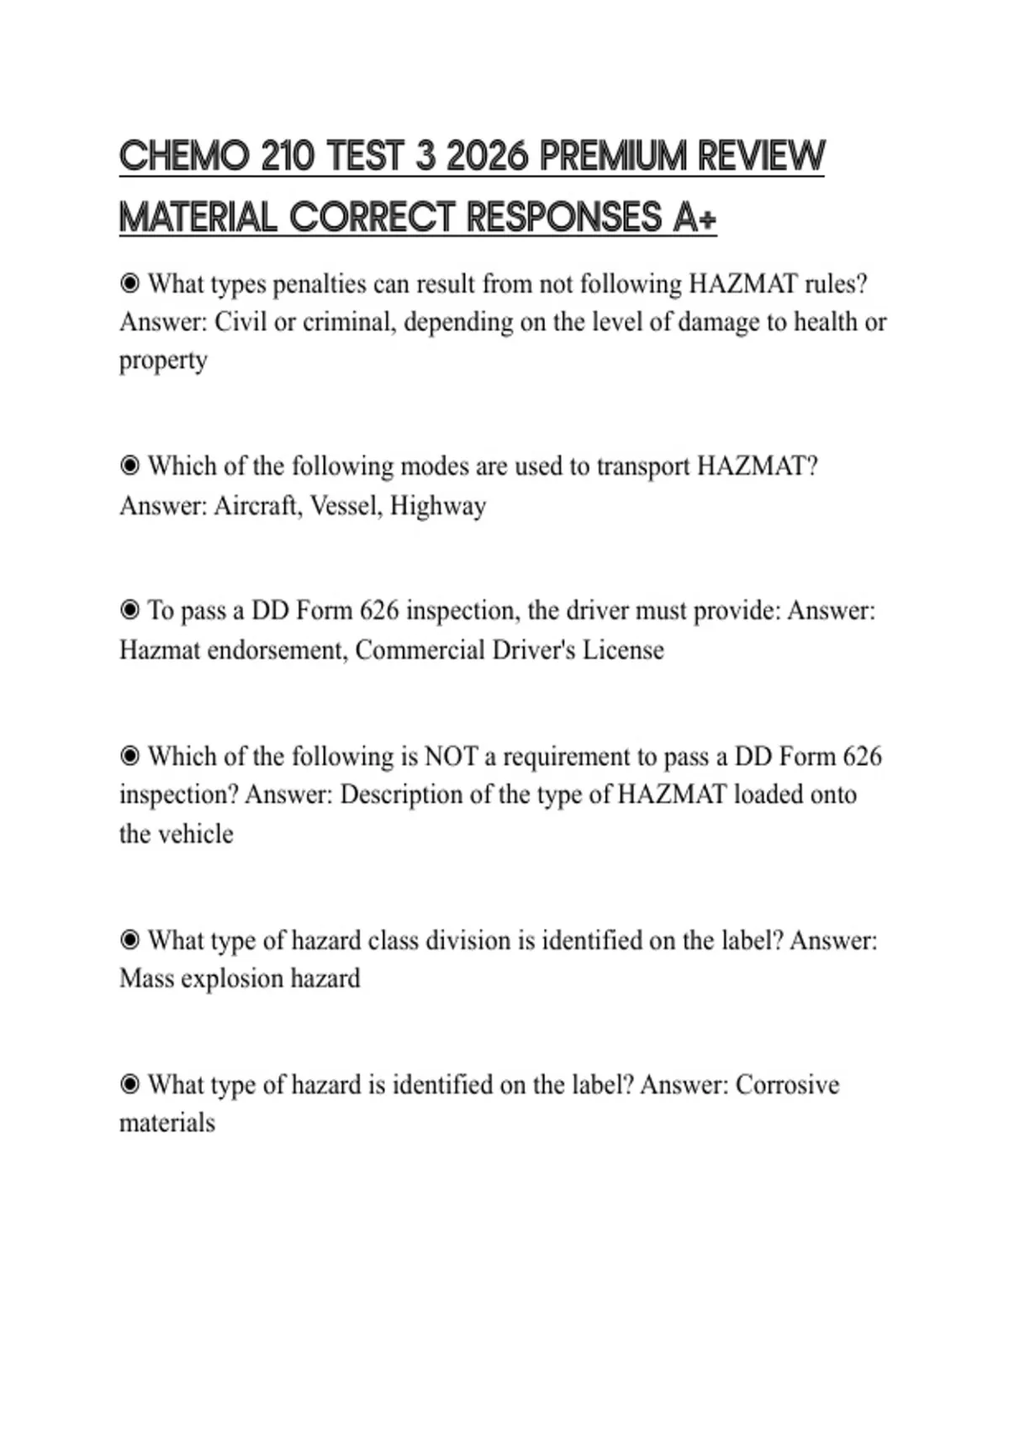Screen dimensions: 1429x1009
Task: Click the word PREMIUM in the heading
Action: coord(612,156)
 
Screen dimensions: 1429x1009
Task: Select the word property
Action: coord(163,361)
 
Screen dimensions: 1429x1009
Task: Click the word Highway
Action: coord(438,505)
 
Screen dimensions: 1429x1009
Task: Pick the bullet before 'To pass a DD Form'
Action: coord(129,609)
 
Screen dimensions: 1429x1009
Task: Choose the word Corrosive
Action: coord(787,1084)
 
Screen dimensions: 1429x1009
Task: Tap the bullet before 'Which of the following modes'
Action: coord(129,466)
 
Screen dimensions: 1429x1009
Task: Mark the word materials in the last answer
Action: coord(167,1123)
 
